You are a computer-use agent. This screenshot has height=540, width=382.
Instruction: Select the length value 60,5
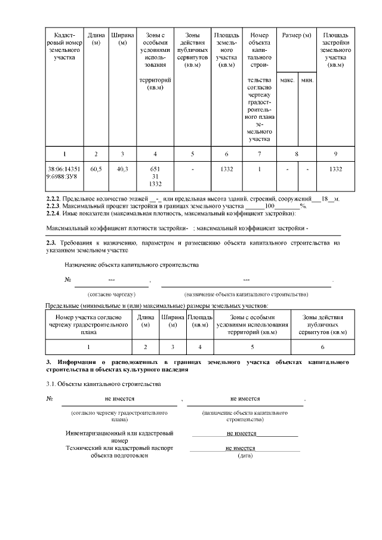(x=95, y=169)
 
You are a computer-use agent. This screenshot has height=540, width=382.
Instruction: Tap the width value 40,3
(x=123, y=169)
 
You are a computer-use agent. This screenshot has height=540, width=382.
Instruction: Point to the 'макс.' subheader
(x=287, y=80)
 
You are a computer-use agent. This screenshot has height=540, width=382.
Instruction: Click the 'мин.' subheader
(x=307, y=80)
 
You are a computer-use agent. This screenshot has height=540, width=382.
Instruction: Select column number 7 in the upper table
(x=260, y=154)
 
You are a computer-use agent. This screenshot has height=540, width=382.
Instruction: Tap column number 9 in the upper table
(x=335, y=154)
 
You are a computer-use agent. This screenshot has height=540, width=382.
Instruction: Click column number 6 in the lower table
(x=322, y=347)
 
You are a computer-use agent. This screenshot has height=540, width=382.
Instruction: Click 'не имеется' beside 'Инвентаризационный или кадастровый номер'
(x=242, y=434)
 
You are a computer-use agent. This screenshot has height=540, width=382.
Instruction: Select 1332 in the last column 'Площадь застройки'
(x=335, y=169)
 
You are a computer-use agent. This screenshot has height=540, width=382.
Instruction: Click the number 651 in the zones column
(x=155, y=169)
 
